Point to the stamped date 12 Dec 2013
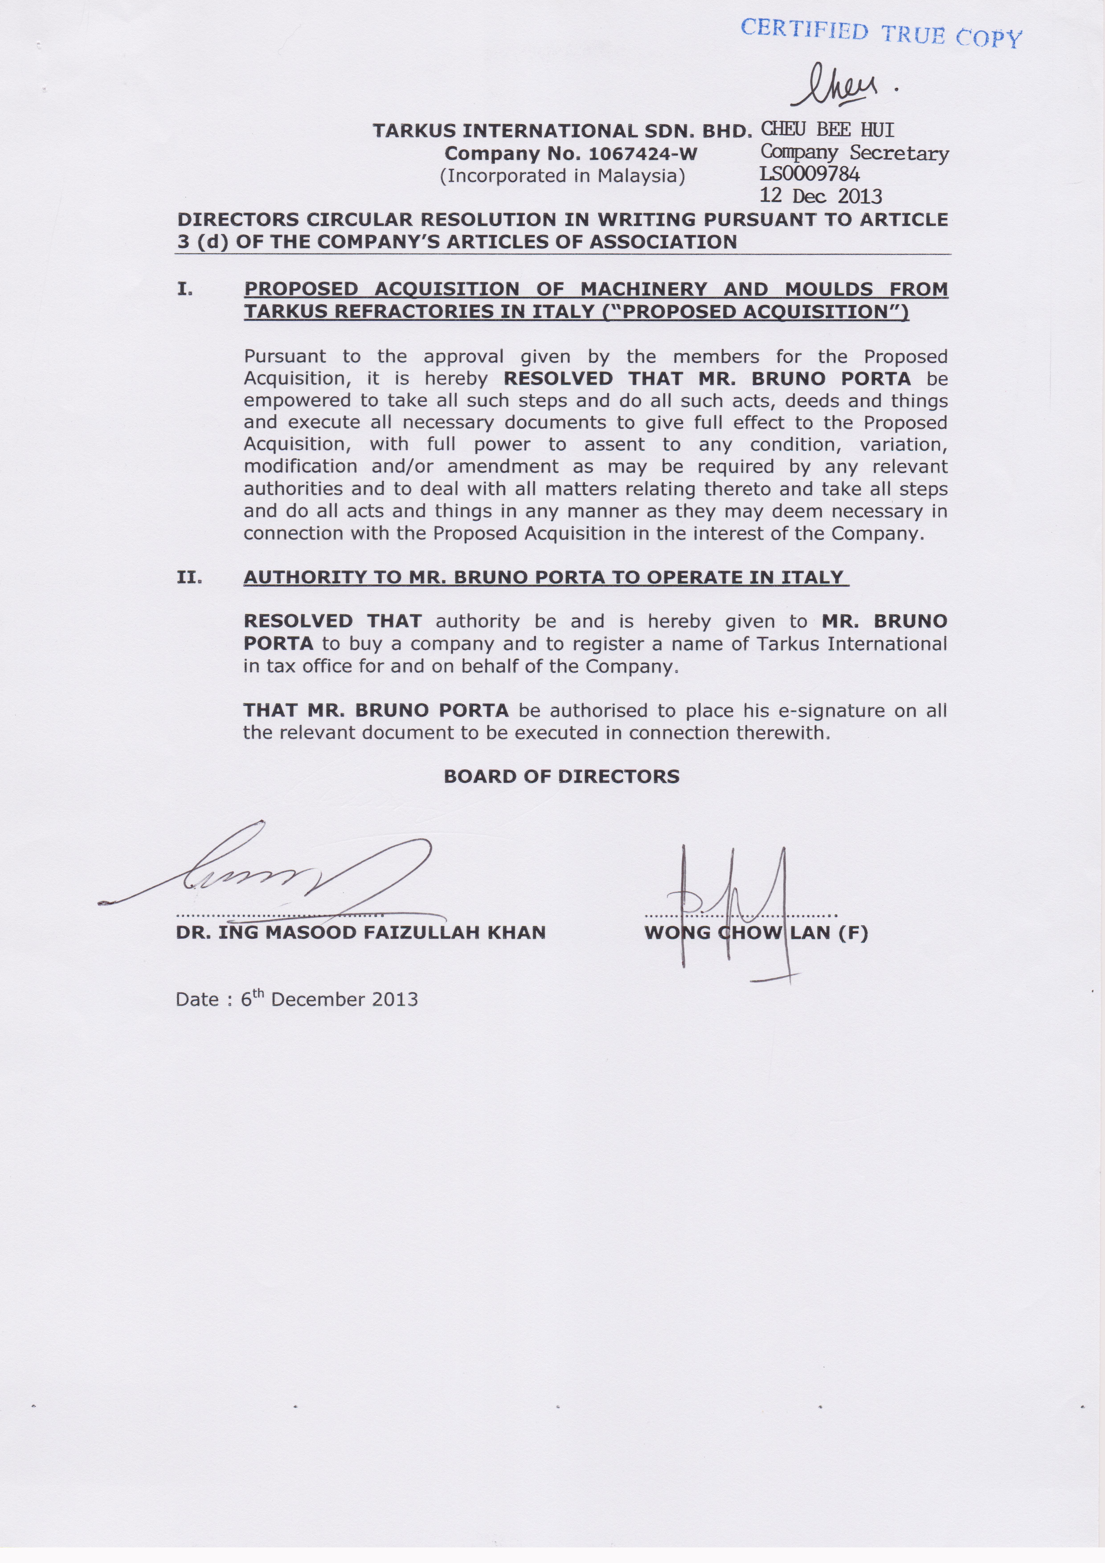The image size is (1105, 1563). [821, 197]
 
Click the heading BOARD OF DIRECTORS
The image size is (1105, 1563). [562, 777]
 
